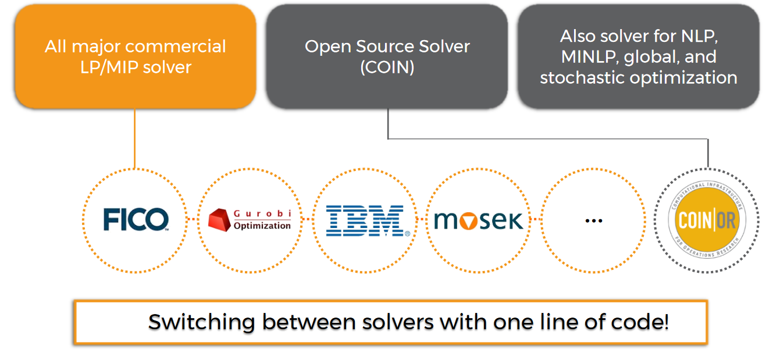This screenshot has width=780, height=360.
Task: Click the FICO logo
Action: tap(136, 220)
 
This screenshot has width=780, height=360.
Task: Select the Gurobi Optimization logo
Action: tap(250, 220)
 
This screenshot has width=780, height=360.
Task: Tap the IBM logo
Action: tap(365, 220)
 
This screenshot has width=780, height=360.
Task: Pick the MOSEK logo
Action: tap(479, 220)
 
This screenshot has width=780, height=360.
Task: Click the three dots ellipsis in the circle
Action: tap(593, 220)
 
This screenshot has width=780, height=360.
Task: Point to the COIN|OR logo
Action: tap(707, 220)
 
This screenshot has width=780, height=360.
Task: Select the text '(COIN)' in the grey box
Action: tap(387, 67)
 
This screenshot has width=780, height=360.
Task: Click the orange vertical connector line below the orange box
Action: tap(135, 138)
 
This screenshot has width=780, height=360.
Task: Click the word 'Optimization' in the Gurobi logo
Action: tap(262, 226)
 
